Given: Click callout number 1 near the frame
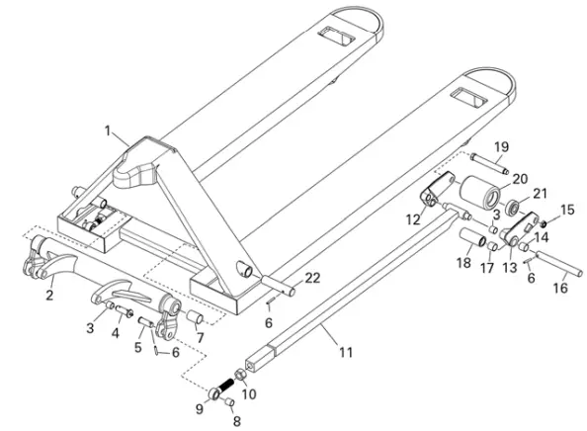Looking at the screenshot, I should pos(110,129).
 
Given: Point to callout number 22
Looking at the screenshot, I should pos(312,278).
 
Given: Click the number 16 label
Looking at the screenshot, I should pos(560,289).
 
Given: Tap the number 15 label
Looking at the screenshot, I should pos(567,210).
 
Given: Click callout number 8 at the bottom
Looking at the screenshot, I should pos(234,421).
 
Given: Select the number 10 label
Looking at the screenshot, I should pos(248,394).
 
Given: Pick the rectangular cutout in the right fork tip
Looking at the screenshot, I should pos(466,98).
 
